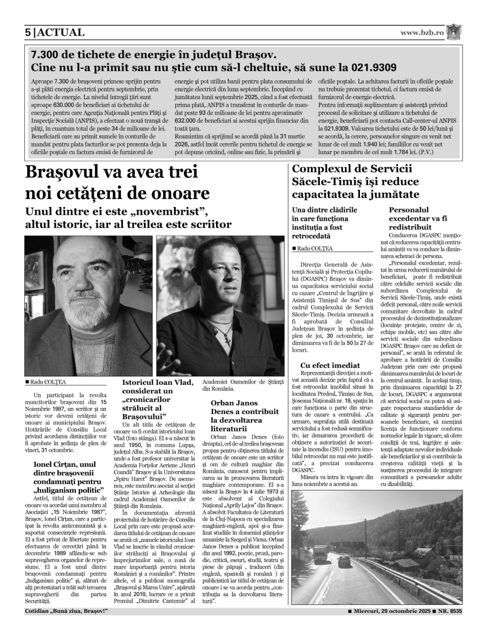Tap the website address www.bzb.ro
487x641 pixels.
pos(422,33)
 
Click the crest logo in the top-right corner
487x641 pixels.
pos(454,32)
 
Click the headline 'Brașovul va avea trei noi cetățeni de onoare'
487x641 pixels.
pos(111,182)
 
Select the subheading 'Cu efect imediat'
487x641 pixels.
pos(330,365)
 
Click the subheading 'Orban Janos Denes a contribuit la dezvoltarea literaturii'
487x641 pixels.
pos(245,415)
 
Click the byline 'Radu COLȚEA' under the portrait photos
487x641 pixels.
pos(48,382)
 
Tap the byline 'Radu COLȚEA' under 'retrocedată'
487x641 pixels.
pos(314,248)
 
